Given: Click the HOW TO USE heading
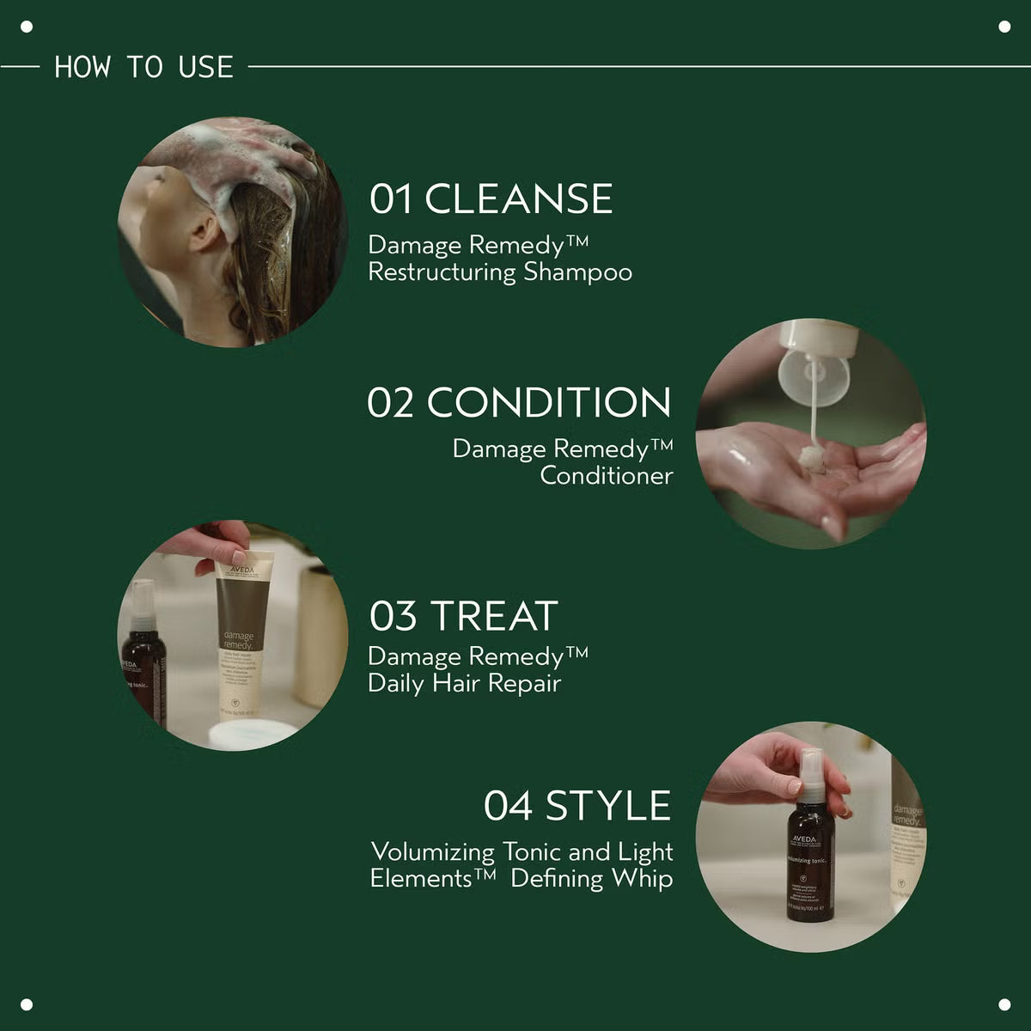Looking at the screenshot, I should (x=143, y=67).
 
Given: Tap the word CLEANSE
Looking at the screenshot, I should (x=518, y=198).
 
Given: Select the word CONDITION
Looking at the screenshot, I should (x=549, y=403).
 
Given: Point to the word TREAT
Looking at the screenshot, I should (x=494, y=616).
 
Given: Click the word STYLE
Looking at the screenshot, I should (x=608, y=806).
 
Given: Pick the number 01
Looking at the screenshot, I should (x=390, y=199).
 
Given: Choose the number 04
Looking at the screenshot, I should (x=509, y=806).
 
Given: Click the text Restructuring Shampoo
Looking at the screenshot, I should (x=500, y=272).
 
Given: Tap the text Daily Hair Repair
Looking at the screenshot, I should (x=464, y=684).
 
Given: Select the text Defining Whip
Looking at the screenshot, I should (x=592, y=879).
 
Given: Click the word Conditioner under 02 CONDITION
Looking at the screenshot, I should (x=606, y=476).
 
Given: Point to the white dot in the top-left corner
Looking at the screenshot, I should (x=27, y=27).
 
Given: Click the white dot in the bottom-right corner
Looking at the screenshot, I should (x=1004, y=1004).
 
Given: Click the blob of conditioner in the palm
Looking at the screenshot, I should (x=812, y=459).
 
